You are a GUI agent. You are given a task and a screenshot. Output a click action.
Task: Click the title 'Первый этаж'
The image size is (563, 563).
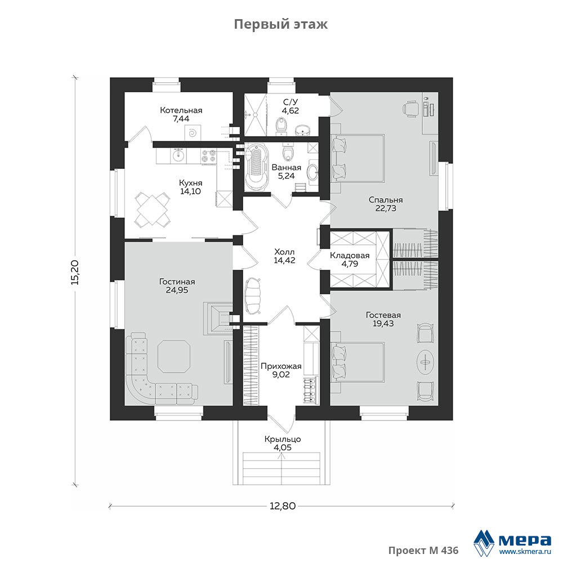(x=281, y=24)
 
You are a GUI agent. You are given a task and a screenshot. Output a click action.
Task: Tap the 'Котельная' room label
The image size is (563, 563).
(x=181, y=110)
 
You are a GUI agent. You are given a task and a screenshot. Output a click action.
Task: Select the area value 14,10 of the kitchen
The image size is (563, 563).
(x=190, y=191)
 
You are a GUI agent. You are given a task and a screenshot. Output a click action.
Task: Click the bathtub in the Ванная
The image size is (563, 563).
(x=256, y=167)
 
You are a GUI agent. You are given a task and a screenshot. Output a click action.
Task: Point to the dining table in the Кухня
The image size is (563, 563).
(x=153, y=209)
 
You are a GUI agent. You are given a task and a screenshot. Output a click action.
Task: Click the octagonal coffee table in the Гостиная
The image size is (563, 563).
(x=174, y=356)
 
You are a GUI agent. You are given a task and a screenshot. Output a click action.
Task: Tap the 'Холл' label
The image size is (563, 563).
(x=284, y=251)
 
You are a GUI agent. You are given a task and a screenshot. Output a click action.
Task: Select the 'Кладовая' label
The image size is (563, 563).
(x=350, y=255)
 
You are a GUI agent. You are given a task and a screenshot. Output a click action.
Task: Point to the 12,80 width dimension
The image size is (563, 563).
(x=283, y=506)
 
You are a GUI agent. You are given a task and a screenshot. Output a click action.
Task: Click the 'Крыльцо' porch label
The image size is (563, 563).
(x=283, y=439)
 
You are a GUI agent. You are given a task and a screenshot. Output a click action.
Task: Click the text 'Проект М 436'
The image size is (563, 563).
(x=423, y=551)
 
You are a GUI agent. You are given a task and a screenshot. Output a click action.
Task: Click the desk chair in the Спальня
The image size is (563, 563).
(x=410, y=108)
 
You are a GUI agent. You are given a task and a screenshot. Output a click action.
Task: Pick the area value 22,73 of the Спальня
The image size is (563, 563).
(x=386, y=208)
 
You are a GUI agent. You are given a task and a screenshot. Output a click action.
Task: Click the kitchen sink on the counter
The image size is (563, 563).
(x=178, y=155)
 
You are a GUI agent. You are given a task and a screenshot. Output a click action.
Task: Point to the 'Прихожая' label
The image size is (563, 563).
(x=281, y=367)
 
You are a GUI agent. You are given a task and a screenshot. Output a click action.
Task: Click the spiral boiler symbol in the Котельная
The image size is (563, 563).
(x=193, y=133)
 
